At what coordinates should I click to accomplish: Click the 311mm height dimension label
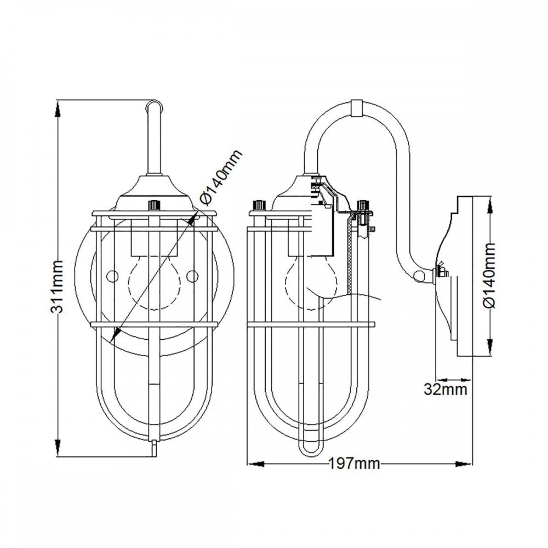pyautogui.click(x=57, y=286)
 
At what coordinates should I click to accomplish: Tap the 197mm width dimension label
pyautogui.click(x=354, y=464)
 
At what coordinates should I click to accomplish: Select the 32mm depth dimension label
pyautogui.click(x=445, y=389)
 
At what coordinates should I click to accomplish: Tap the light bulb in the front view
pyautogui.click(x=155, y=282)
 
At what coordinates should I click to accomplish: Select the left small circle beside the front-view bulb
pyautogui.click(x=112, y=276)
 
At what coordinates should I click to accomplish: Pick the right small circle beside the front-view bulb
pyautogui.click(x=192, y=276)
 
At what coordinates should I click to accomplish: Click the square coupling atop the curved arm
pyautogui.click(x=357, y=108)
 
